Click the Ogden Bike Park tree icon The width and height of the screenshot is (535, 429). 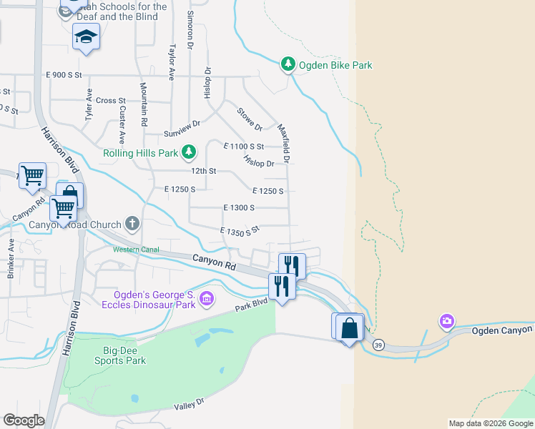pos(288,65)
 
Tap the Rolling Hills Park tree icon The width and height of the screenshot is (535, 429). pos(188,152)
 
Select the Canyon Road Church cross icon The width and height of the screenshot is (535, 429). pos(132,225)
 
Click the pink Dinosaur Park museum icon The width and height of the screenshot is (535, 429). pos(207,298)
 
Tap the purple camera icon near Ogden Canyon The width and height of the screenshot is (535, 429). pos(447,321)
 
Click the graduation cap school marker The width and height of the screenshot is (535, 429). pos(86,36)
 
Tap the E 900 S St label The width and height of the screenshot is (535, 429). pos(64,74)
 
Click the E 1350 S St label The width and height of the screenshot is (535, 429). pos(240,231)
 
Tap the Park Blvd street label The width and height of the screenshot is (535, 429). pos(251,305)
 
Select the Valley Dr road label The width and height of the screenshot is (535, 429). pos(190,405)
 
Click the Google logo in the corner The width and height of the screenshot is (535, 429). pos(24,420)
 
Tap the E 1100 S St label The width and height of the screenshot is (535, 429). pos(243,146)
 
